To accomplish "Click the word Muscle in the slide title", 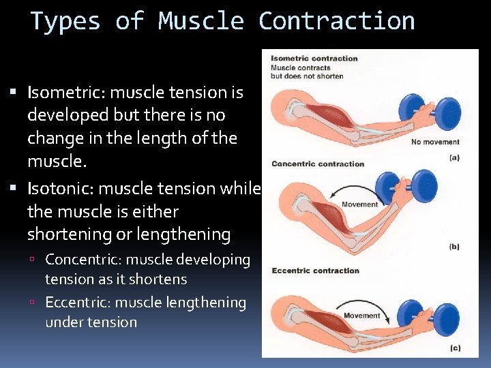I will coord(200,21).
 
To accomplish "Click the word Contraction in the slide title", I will coord(336,21).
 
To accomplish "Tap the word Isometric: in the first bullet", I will coord(67,92).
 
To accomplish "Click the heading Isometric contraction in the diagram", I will coord(314,59).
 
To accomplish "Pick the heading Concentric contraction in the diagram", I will coord(318,164).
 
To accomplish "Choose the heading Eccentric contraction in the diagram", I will coord(315,271).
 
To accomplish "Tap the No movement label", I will coord(435,142).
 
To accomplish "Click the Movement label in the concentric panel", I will coord(359,204).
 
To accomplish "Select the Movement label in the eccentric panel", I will coord(362,316).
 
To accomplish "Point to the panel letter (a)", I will coord(453,157).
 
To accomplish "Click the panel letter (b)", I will coord(453,247).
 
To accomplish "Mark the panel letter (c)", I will coord(454,348).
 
